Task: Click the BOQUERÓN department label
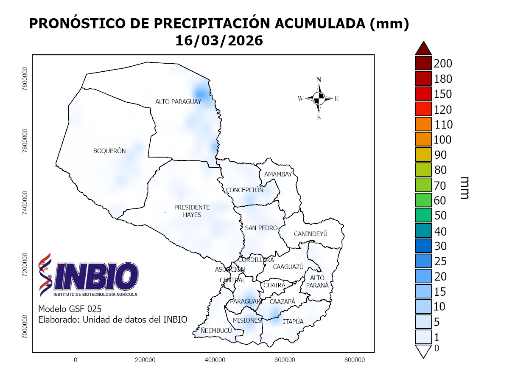(109, 151)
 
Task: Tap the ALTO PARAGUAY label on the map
(178, 101)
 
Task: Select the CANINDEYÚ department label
(311, 234)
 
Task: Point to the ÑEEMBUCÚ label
(216, 330)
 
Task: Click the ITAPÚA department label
(293, 321)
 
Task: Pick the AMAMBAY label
(278, 174)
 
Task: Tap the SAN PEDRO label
(261, 228)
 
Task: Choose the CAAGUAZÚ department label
(288, 267)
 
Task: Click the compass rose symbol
(319, 98)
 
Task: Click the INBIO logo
(89, 275)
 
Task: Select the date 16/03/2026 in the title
(219, 41)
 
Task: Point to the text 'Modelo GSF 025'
(70, 309)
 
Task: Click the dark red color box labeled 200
(423, 64)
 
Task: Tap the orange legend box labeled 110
(423, 124)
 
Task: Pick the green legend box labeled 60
(423, 200)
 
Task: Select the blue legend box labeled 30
(423, 246)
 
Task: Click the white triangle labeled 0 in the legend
(423, 351)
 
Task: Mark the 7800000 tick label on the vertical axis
(25, 79)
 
